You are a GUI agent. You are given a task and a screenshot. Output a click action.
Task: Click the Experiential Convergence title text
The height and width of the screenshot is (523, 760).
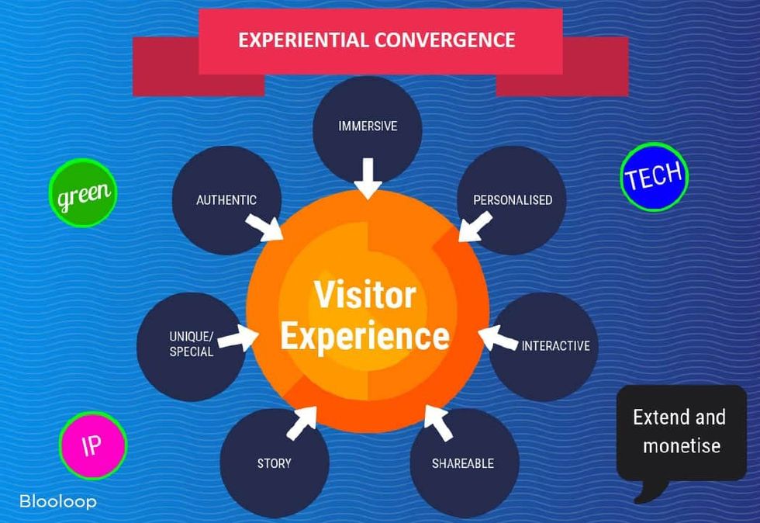click(377, 40)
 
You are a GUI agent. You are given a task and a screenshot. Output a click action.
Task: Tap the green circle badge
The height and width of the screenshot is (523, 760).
click(82, 193)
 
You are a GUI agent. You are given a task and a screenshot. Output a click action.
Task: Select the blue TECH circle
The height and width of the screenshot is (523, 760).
click(655, 178)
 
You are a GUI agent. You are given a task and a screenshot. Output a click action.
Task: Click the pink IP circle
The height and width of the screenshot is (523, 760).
click(92, 445)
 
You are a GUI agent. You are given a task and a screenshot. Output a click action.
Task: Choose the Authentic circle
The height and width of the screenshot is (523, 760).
click(226, 199)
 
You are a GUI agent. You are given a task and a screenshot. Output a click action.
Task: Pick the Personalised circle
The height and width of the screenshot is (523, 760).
click(513, 199)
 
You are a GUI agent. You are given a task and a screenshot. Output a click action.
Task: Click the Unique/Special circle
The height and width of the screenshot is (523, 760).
click(191, 344)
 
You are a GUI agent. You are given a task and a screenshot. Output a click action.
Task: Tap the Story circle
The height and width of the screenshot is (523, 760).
click(274, 462)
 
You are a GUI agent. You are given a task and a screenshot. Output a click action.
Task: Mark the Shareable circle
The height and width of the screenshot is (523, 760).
click(463, 463)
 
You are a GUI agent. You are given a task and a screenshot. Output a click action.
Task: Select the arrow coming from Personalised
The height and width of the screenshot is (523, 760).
click(474, 226)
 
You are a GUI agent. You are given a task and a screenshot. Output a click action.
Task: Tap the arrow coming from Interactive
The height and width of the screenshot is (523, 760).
click(497, 339)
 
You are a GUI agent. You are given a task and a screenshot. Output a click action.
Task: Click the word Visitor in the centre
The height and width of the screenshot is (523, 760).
click(364, 296)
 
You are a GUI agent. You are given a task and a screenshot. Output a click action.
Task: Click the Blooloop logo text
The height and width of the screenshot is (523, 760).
click(58, 502)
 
